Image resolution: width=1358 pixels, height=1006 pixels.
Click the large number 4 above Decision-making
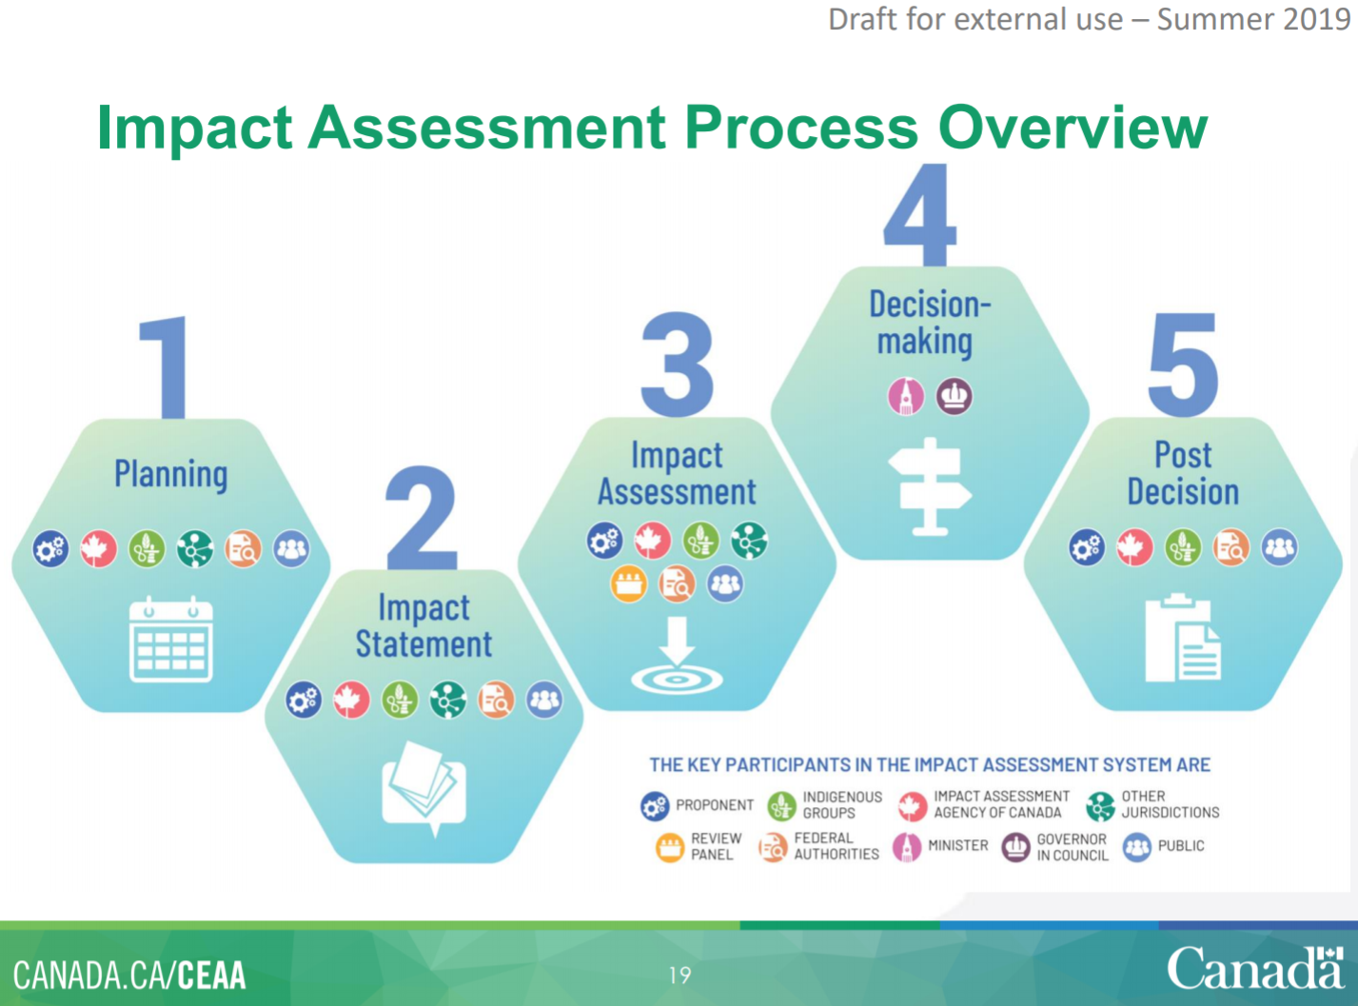tap(920, 214)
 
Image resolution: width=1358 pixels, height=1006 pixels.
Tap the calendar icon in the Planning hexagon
tap(171, 639)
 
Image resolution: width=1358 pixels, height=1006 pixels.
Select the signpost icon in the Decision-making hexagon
tap(930, 486)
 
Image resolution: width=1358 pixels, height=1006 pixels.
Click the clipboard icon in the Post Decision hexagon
tap(1183, 638)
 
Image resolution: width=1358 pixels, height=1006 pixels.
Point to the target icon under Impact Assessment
tap(678, 655)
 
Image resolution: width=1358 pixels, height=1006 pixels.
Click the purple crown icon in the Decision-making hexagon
tap(954, 396)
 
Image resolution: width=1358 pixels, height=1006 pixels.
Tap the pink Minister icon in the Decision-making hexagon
tap(906, 396)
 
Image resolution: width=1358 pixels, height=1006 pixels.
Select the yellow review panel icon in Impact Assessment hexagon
tap(629, 583)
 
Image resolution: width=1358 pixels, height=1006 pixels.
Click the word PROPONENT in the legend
tap(715, 804)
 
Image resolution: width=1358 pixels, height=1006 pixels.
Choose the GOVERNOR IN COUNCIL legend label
tap(1073, 847)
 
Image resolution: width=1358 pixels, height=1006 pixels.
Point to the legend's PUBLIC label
tap(1181, 845)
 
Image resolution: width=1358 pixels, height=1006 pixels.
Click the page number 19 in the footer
tap(679, 975)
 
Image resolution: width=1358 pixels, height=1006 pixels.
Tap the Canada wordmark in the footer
tap(1256, 967)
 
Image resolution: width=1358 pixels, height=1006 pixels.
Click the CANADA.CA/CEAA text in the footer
tap(129, 976)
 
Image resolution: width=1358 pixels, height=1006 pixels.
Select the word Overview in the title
tap(1073, 128)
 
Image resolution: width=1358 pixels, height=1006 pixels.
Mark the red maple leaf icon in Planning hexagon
tap(99, 548)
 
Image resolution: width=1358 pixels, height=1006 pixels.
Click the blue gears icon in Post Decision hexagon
tap(1087, 547)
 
